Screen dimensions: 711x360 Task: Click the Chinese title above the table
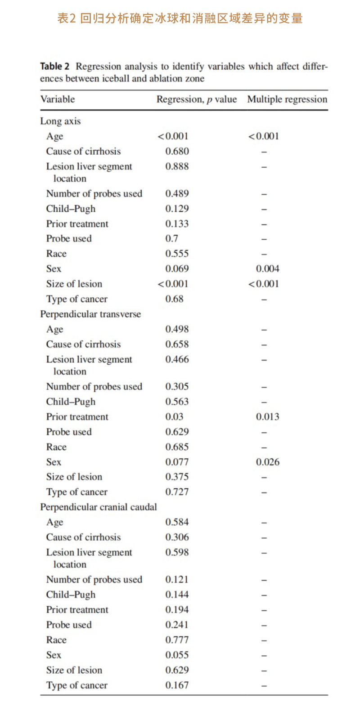180,18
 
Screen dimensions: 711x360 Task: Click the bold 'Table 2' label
54,67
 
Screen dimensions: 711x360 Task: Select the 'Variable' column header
58,99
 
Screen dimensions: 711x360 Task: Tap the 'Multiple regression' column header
287,99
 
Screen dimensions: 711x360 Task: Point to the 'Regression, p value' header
196,99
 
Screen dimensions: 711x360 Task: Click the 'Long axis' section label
60,121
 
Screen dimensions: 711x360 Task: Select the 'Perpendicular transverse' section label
90,314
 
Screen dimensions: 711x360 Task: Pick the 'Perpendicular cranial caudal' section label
99,507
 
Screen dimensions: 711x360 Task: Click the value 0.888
177,166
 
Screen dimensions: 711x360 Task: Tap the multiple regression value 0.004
267,269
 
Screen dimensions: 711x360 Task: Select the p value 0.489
177,194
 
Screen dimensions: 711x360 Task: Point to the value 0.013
267,417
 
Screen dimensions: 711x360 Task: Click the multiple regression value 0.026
267,462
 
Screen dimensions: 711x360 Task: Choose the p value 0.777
177,640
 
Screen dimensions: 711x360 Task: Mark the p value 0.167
177,685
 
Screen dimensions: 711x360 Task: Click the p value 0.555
177,254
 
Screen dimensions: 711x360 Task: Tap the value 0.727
177,492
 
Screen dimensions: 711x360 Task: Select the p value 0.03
174,417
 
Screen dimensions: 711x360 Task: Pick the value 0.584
177,522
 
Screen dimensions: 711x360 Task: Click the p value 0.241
177,625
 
